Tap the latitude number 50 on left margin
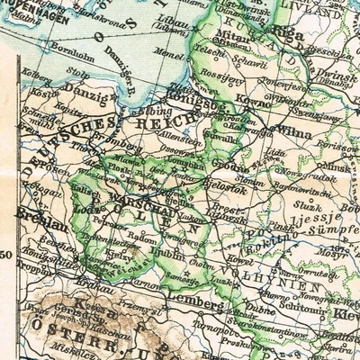point(6,257)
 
